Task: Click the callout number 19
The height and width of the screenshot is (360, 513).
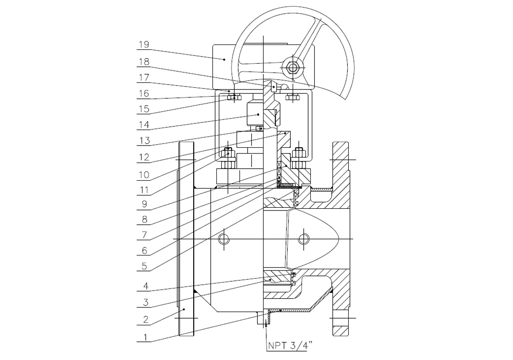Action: pyautogui.click(x=144, y=44)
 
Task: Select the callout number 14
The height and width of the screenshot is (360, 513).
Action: pyautogui.click(x=144, y=125)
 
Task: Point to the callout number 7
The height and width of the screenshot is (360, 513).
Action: pyautogui.click(x=144, y=235)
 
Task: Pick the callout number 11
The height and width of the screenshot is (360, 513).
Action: pyautogui.click(x=144, y=190)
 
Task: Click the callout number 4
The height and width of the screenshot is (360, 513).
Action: pyautogui.click(x=146, y=287)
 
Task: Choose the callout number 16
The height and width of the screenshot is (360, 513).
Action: pyautogui.click(x=144, y=93)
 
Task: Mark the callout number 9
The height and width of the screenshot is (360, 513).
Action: pyautogui.click(x=144, y=204)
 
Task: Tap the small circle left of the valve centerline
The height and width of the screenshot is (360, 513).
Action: pyautogui.click(x=224, y=239)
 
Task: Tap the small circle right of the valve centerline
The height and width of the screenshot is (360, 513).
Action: pyautogui.click(x=304, y=239)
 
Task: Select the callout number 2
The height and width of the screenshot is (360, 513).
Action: pyautogui.click(x=146, y=320)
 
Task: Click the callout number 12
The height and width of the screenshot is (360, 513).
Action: pyautogui.click(x=144, y=157)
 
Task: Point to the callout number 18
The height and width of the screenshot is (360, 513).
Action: pyautogui.click(x=144, y=61)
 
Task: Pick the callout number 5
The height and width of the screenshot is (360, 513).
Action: pyautogui.click(x=144, y=266)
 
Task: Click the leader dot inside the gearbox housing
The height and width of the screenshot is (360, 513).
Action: pyautogui.click(x=224, y=59)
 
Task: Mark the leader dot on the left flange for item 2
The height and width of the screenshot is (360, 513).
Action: pyautogui.click(x=184, y=309)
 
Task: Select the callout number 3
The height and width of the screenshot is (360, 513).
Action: pyautogui.click(x=146, y=303)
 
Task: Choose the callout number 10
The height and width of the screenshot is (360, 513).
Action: pyautogui.click(x=144, y=174)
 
